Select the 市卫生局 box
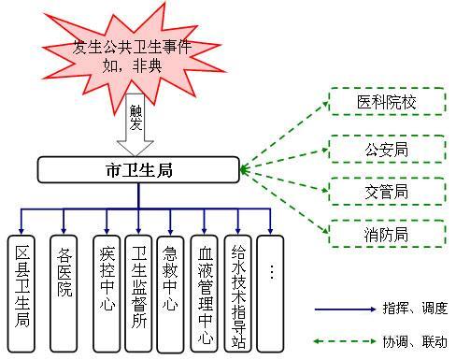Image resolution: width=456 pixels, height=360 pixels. point(138,170)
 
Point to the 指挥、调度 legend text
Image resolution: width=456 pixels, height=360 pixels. point(415,308)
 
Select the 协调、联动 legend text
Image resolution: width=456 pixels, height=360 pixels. point(415,341)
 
